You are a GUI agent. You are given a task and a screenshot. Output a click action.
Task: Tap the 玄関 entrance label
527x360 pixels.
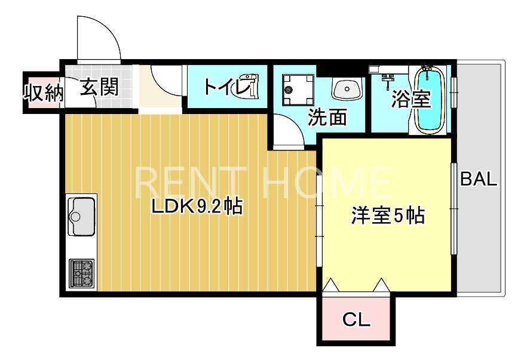click(x=99, y=87)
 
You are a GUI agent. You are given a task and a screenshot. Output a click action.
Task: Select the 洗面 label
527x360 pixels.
click(x=327, y=118)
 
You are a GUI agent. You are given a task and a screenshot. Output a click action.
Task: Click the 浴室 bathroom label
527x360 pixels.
click(x=411, y=99)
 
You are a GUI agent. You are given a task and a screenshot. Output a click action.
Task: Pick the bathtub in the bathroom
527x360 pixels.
click(x=430, y=100)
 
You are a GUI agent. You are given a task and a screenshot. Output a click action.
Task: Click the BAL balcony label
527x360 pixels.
click(x=478, y=179)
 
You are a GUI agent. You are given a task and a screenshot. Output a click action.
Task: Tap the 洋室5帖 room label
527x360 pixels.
click(x=387, y=216)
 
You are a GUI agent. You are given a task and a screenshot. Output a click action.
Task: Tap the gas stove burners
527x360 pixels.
click(x=82, y=273)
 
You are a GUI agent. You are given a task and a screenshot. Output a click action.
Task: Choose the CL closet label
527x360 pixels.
click(x=356, y=320)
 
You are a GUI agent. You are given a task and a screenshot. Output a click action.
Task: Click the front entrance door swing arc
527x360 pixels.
click(x=100, y=36)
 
